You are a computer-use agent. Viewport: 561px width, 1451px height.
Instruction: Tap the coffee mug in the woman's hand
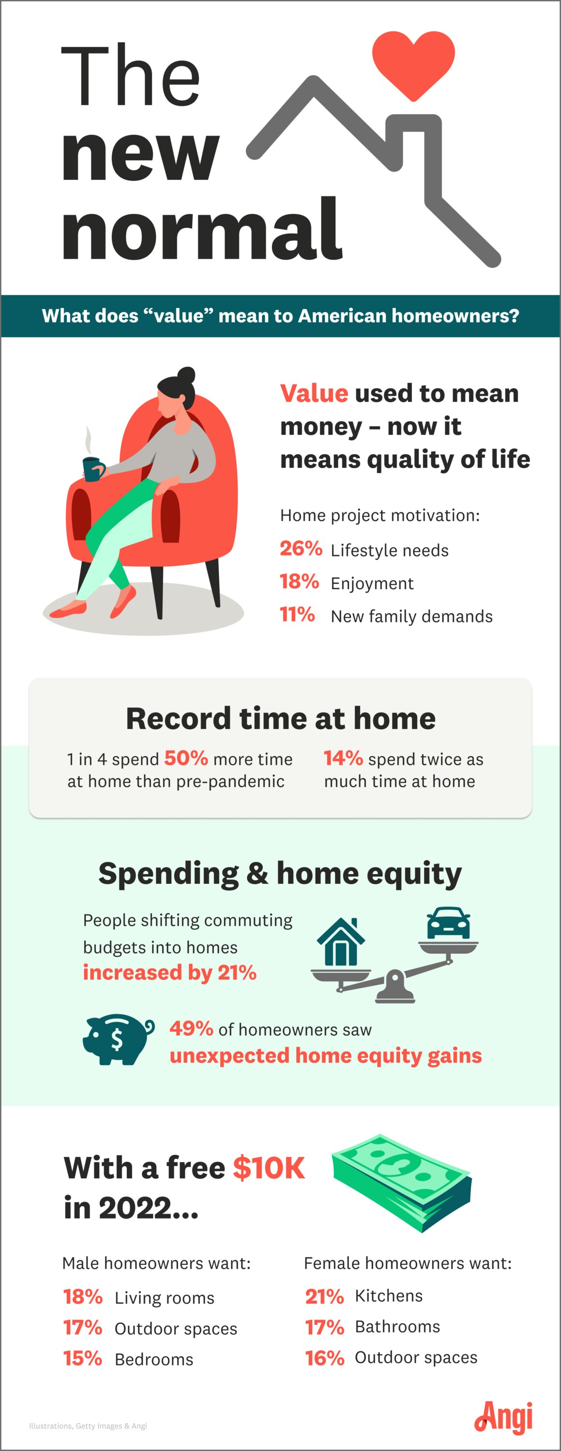click(x=93, y=468)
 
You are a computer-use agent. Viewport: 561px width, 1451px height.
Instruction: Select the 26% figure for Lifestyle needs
click(x=301, y=548)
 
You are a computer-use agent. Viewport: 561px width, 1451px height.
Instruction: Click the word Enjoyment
click(x=372, y=584)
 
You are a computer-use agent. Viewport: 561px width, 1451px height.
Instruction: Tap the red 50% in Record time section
click(x=186, y=758)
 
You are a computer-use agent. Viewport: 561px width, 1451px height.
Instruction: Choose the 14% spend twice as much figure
click(x=343, y=758)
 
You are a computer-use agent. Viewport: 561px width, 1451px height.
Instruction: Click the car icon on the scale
click(x=448, y=923)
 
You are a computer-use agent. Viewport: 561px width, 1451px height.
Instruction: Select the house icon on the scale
click(x=341, y=942)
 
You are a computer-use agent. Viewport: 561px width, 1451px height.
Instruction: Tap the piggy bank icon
click(x=118, y=1039)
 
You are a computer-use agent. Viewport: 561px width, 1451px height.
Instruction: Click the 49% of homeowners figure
click(x=191, y=1029)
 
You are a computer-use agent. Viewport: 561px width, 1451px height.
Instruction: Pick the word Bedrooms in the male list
click(x=154, y=1360)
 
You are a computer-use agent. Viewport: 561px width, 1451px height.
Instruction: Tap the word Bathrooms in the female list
click(x=397, y=1327)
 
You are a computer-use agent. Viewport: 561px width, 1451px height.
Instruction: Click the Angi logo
click(x=503, y=1417)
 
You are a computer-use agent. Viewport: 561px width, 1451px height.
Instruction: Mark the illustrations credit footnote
click(x=88, y=1426)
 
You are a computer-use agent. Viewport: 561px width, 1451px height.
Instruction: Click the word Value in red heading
click(x=314, y=393)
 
